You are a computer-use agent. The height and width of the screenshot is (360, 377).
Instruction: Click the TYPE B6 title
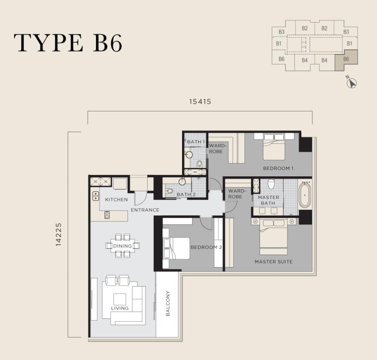pos(68,43)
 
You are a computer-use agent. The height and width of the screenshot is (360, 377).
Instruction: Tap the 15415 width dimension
pos(200,102)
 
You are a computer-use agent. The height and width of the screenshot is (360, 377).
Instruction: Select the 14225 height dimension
pos(59,234)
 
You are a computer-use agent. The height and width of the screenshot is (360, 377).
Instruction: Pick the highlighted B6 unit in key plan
pos(346,60)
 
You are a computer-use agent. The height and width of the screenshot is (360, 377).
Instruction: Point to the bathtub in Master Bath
pos(304,195)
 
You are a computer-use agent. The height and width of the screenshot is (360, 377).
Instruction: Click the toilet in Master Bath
pos(271,184)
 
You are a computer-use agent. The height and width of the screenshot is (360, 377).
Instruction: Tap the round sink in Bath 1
pos(189,155)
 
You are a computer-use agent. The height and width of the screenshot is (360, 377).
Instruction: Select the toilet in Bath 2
pos(170,191)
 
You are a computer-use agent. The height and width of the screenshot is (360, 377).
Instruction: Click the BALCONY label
pos(168,303)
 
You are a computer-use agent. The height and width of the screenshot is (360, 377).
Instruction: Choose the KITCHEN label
pos(116,200)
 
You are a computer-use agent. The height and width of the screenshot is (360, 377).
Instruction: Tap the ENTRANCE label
pos(145,210)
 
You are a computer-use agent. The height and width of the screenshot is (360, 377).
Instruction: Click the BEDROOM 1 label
pos(278,168)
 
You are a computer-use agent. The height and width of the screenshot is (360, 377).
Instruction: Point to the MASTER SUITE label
pos(274,262)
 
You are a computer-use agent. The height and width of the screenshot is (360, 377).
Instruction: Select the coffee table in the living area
pos(120,299)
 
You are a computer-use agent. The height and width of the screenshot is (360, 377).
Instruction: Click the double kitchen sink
pos(96,196)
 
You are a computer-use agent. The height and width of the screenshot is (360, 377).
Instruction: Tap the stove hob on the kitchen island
pos(107,215)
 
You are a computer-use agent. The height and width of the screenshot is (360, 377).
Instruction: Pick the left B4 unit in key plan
pos(305,60)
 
